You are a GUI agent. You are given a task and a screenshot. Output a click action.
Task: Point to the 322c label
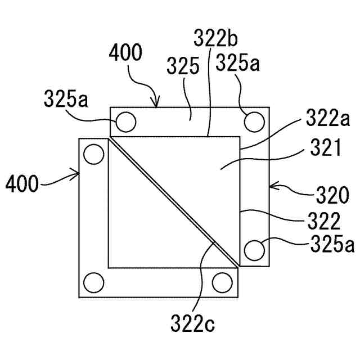[x=193, y=325]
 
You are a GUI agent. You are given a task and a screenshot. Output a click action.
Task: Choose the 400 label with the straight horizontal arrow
[x=22, y=183]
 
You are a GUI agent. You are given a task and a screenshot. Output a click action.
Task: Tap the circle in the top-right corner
[x=254, y=120]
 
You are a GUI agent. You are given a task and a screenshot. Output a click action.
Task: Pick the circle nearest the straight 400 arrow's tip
[x=93, y=153]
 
